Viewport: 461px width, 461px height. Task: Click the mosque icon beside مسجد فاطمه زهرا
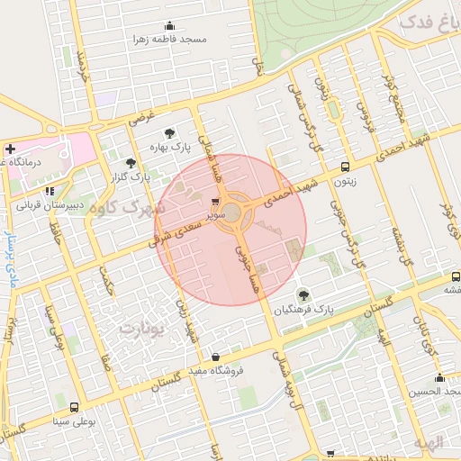coord(169,26)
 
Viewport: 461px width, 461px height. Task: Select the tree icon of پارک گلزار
coord(131,163)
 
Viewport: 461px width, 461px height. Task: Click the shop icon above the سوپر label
coord(214,202)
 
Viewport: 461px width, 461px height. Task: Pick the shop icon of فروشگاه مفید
coord(215,357)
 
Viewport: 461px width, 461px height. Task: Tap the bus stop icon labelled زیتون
coord(346,167)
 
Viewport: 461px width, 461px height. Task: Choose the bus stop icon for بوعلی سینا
coord(73,407)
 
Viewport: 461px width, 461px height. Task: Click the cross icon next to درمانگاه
coord(10,149)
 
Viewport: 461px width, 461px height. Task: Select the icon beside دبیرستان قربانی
coord(50,191)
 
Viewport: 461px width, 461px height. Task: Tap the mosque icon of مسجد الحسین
coord(438,377)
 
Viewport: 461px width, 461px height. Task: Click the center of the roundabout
coord(231,212)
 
